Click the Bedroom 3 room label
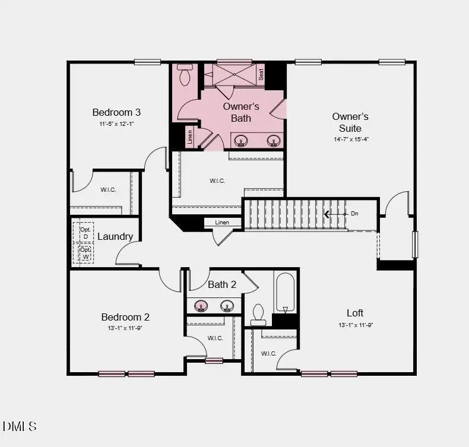click(116, 112)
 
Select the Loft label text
click(355, 313)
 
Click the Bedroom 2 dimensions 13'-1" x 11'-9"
click(125, 328)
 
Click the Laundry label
click(115, 236)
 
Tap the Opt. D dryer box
click(85, 232)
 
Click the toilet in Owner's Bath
click(184, 75)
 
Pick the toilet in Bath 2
click(258, 315)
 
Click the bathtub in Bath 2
click(285, 292)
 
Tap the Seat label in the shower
click(261, 74)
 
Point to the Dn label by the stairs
click(354, 213)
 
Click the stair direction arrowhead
click(326, 214)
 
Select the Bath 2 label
click(222, 284)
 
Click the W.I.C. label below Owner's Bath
click(217, 180)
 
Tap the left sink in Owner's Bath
click(241, 141)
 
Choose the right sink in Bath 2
click(226, 306)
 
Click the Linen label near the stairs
click(222, 222)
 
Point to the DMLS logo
click(20, 426)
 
